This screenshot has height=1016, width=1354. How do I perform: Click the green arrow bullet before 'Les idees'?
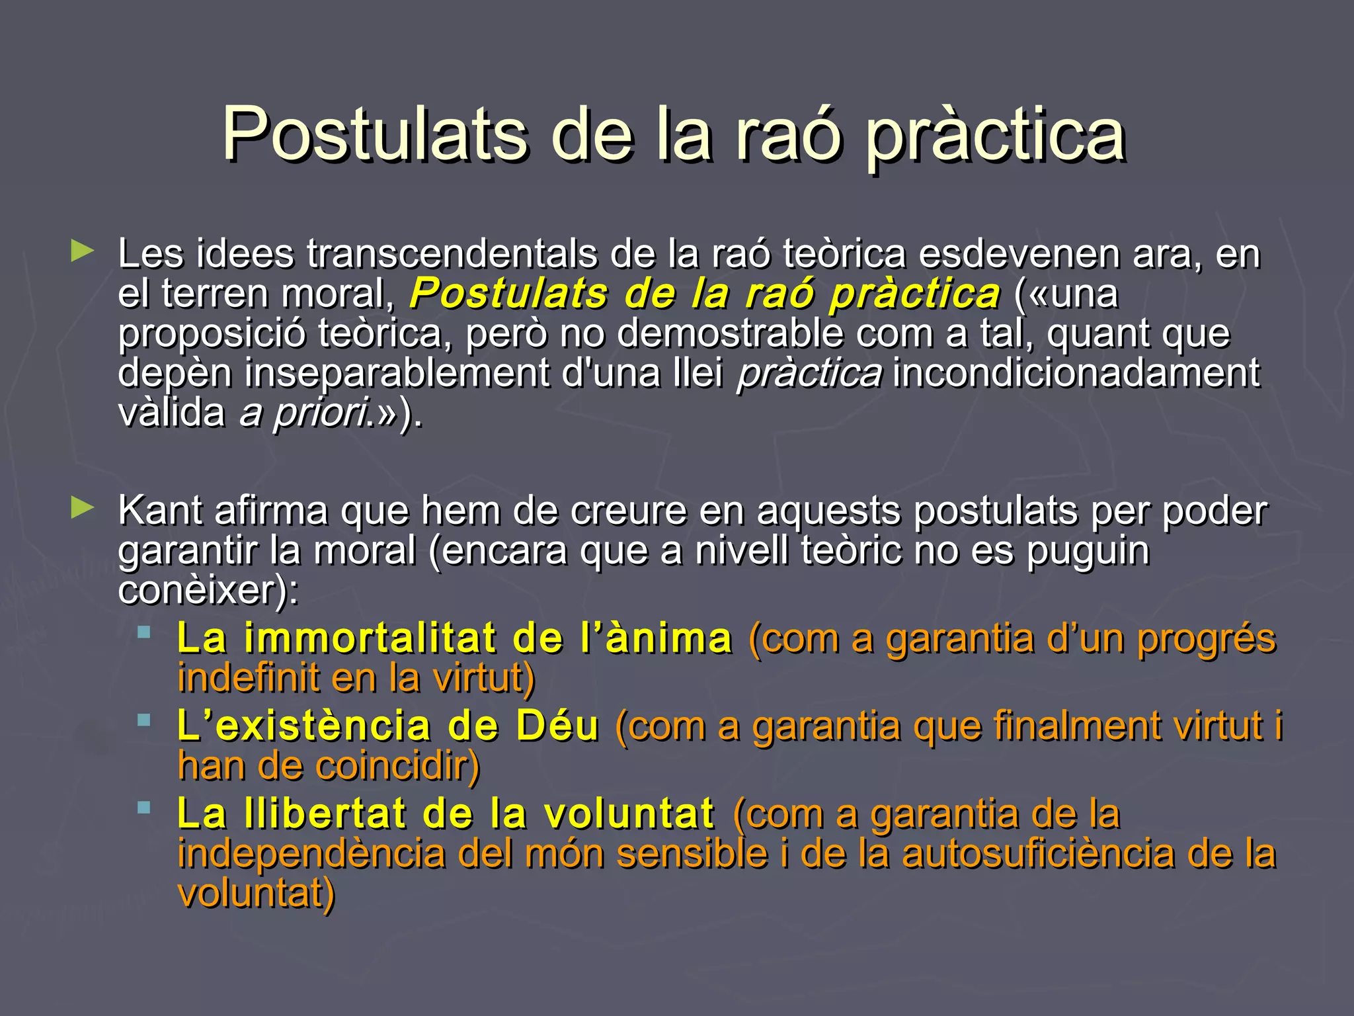(82, 251)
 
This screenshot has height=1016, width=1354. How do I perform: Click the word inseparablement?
(397, 373)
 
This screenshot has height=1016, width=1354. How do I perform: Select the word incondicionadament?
(1076, 373)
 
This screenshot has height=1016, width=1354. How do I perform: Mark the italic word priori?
(320, 413)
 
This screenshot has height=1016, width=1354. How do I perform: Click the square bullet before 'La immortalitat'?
(144, 632)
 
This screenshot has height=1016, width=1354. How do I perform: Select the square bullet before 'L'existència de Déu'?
(144, 720)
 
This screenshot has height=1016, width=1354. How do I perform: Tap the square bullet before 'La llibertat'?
(144, 807)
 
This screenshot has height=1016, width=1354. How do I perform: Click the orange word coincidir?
(397, 766)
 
